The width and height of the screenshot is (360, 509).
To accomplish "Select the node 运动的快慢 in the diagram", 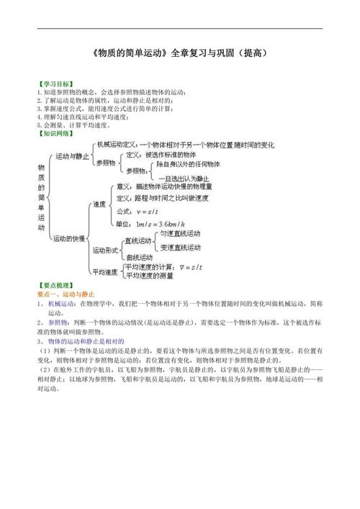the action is click(69, 238).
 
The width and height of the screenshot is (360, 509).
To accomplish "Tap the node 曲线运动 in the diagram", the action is click(140, 258).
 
